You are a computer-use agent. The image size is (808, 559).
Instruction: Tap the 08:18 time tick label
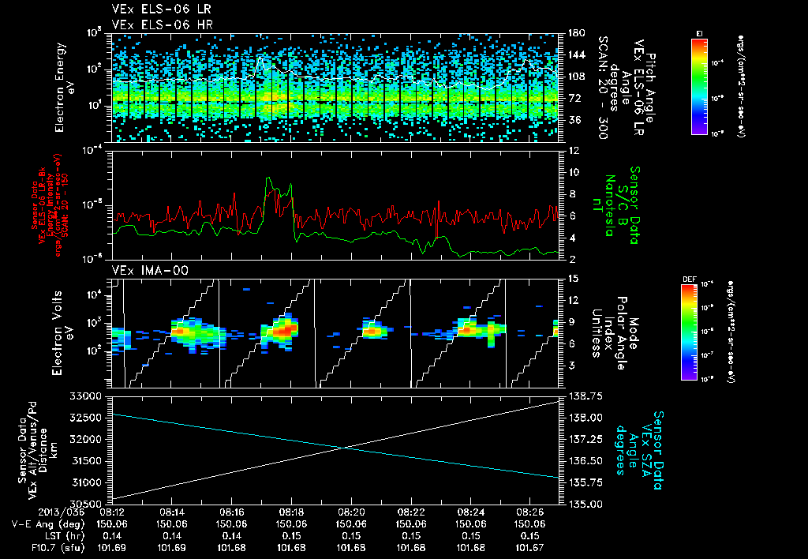[x=292, y=511]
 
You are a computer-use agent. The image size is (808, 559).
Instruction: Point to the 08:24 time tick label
[x=471, y=511]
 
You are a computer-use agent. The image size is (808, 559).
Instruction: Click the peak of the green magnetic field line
[x=270, y=179]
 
